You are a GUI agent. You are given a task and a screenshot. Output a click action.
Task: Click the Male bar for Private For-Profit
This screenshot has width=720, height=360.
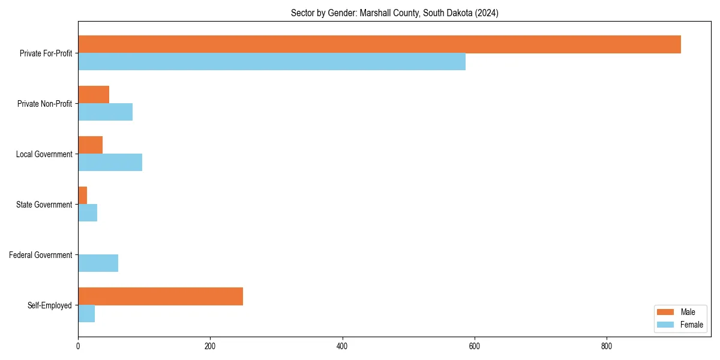click(x=379, y=44)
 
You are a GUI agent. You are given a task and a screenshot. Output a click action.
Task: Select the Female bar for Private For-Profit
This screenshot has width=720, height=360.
click(x=272, y=62)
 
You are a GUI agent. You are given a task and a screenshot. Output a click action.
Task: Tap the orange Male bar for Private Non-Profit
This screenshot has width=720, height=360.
click(x=94, y=95)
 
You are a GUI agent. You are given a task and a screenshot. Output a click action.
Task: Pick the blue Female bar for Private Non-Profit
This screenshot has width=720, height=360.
click(x=105, y=112)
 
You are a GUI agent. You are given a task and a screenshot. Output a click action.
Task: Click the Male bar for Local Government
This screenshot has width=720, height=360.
click(x=90, y=145)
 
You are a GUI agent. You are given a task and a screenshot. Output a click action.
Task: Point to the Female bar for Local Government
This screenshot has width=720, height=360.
click(x=110, y=163)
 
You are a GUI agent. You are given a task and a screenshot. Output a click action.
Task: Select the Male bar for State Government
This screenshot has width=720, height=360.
click(x=82, y=196)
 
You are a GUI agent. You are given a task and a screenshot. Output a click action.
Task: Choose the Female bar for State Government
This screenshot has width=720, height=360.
click(x=88, y=213)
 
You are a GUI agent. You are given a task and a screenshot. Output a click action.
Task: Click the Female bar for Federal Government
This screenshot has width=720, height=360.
click(x=98, y=263)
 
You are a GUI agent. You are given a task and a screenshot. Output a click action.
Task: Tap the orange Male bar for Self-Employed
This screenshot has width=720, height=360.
click(x=160, y=296)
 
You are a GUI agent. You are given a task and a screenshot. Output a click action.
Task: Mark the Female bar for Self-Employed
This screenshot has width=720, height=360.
click(x=86, y=314)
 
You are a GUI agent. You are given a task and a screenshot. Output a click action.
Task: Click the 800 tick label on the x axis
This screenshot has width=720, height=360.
click(x=607, y=346)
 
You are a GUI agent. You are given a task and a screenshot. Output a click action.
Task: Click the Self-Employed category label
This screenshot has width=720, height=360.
click(x=49, y=305)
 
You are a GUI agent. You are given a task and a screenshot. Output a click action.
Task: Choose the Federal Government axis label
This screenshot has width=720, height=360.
click(x=40, y=255)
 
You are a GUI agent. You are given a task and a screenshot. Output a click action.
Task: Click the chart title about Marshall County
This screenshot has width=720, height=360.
click(x=394, y=13)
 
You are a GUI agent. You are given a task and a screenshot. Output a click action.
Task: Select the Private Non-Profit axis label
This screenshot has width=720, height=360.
click(x=44, y=104)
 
